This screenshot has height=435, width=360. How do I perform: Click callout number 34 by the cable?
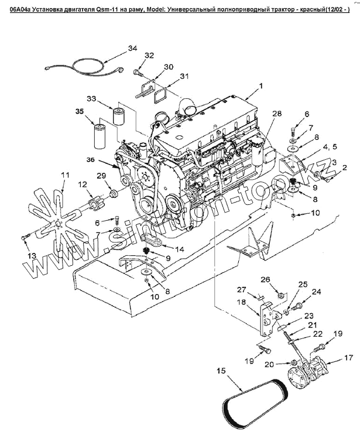coord(132,48)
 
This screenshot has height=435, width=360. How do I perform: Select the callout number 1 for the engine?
coord(262,86)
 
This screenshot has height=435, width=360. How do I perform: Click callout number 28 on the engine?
coord(276,113)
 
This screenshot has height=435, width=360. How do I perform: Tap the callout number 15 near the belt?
coord(221,371)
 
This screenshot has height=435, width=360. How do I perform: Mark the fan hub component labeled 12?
coord(94,202)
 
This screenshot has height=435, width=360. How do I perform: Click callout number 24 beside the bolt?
coord(317,292)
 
